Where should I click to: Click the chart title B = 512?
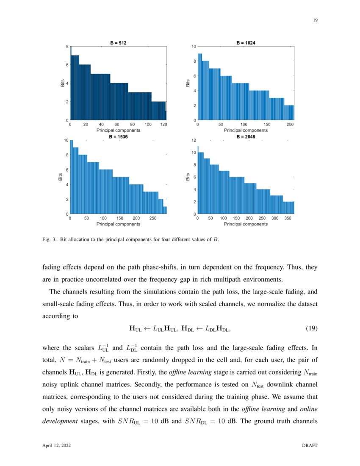click(118, 42)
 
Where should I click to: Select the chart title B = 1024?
click(246, 42)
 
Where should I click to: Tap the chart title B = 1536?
click(118, 137)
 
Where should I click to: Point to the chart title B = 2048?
click(246, 137)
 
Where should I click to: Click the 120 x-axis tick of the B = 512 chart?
click(163, 125)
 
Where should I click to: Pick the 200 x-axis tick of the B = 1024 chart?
click(290, 125)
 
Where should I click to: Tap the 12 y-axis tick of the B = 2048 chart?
click(193, 140)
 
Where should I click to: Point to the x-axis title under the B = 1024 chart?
click(246, 130)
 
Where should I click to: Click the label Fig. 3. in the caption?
click(50, 240)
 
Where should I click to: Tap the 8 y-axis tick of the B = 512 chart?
click(67, 46)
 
